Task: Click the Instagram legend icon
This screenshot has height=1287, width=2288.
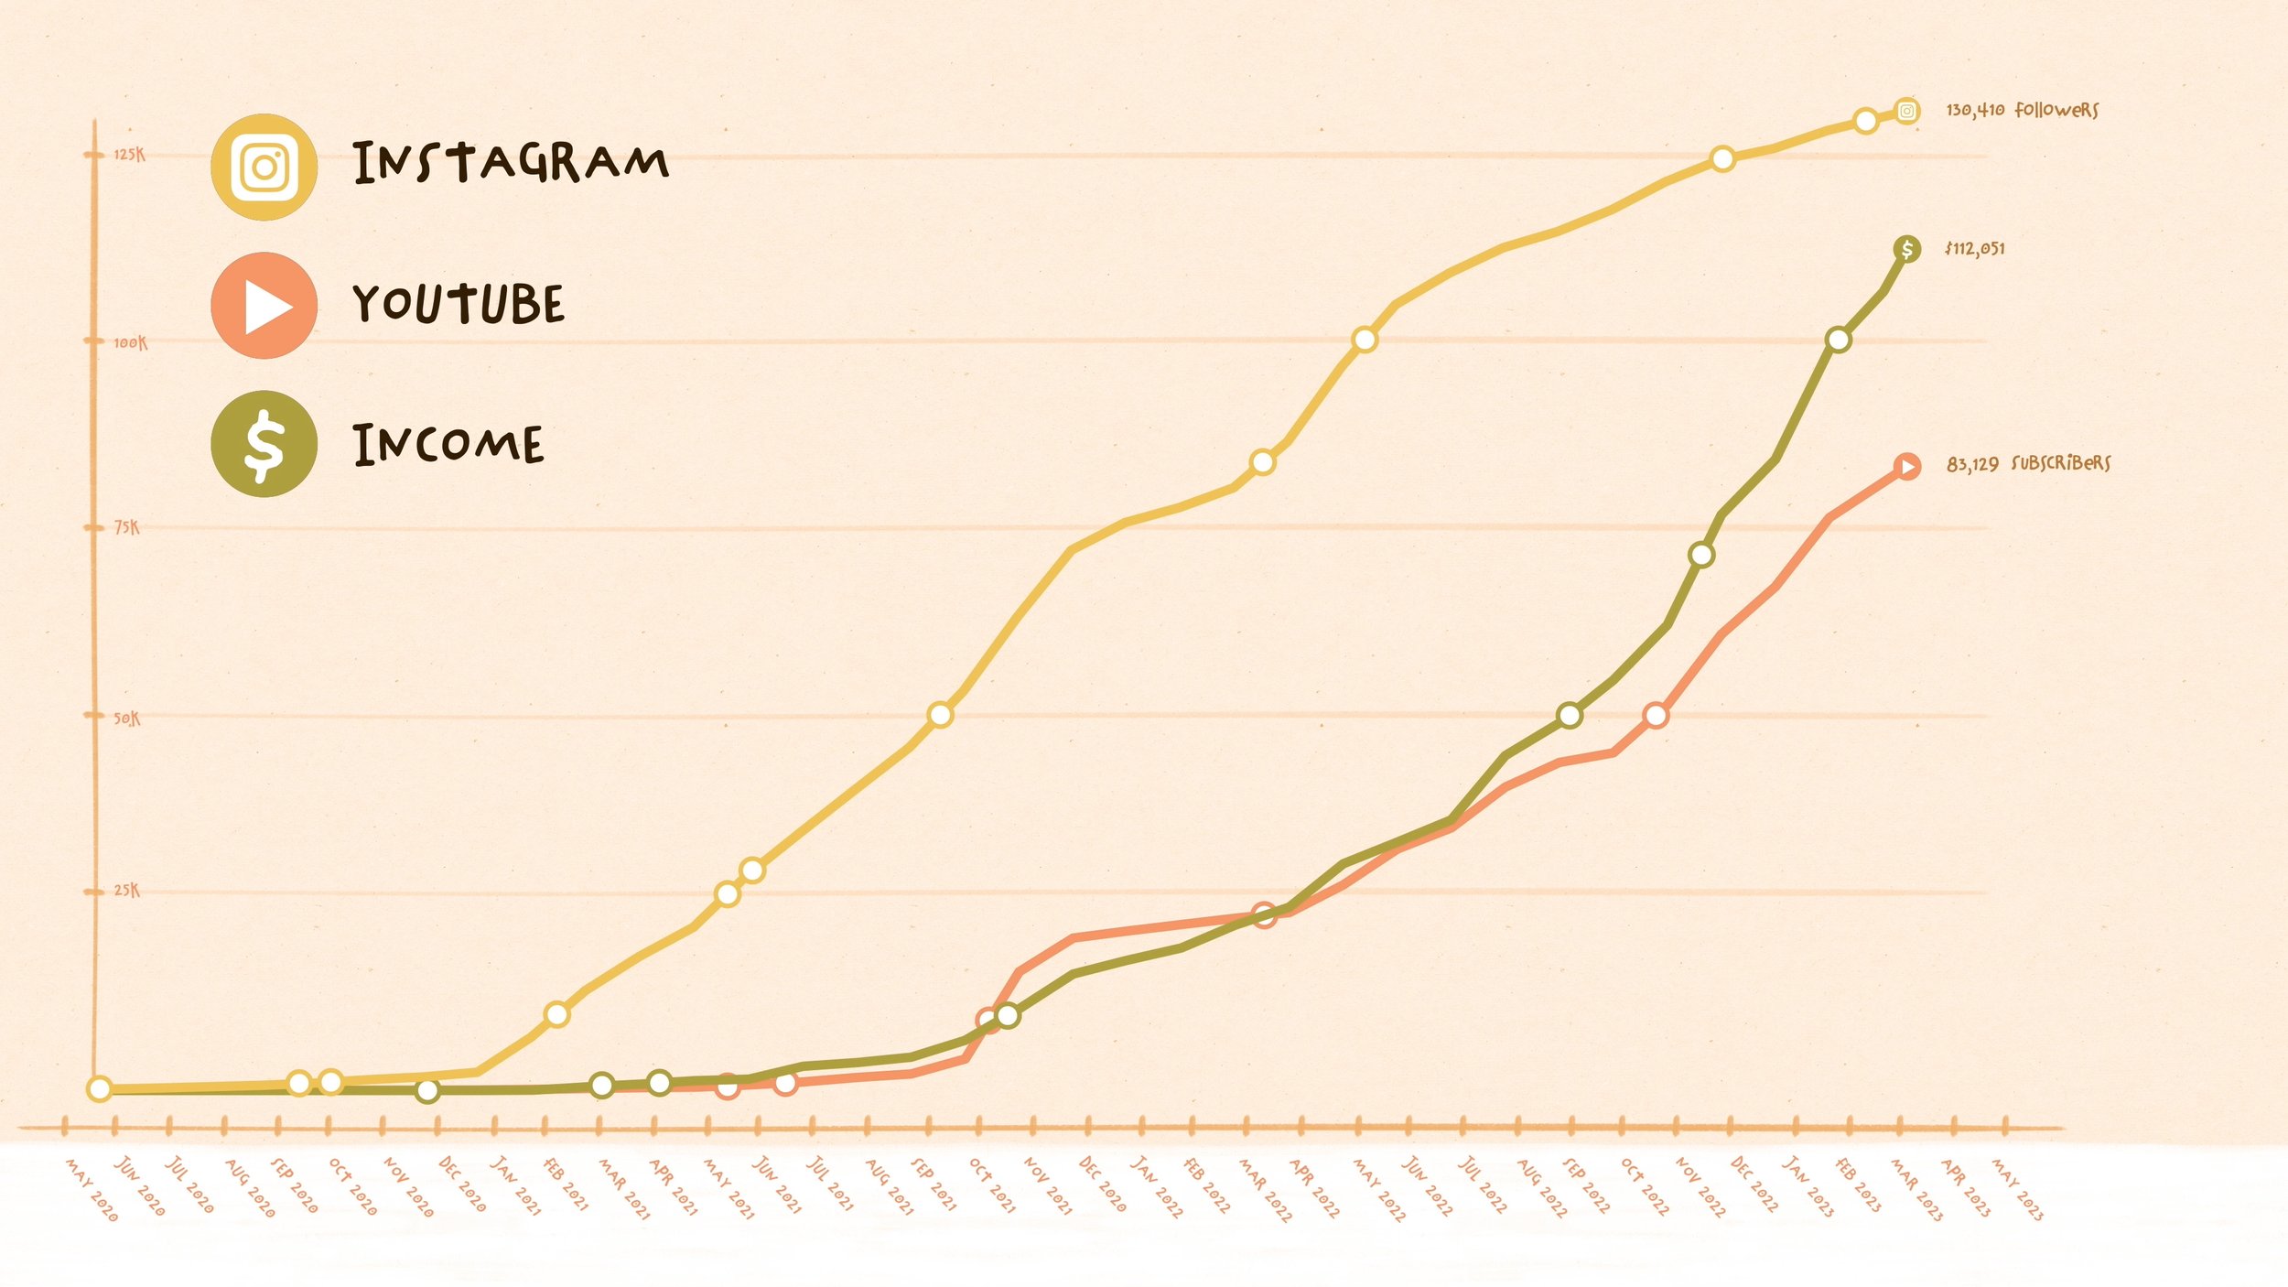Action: (x=264, y=167)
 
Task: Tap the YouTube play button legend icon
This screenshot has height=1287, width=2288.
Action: (x=264, y=306)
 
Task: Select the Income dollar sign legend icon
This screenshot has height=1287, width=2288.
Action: (x=264, y=444)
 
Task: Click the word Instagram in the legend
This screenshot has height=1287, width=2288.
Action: (x=511, y=163)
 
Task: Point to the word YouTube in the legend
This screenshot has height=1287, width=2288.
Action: (x=459, y=304)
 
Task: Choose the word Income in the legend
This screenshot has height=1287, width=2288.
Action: (x=448, y=445)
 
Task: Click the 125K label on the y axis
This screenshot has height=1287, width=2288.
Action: (x=129, y=154)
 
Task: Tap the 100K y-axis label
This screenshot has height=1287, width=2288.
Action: (x=130, y=342)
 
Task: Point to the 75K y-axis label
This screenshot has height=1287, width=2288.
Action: (x=127, y=527)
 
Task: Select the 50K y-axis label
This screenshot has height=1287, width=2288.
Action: (x=127, y=719)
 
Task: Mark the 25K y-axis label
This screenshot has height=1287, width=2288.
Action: (x=127, y=890)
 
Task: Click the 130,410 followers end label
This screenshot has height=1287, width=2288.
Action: (x=2022, y=110)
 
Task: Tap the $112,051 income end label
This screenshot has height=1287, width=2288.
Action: (x=1975, y=248)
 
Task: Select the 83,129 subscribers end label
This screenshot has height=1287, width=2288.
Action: (x=2028, y=463)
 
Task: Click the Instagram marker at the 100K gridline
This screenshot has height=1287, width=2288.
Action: (x=1365, y=340)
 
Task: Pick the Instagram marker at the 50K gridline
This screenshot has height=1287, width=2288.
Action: (x=940, y=715)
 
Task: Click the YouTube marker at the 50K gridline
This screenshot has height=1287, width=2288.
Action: (x=1656, y=715)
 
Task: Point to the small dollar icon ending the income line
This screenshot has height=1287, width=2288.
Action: (x=1907, y=248)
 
